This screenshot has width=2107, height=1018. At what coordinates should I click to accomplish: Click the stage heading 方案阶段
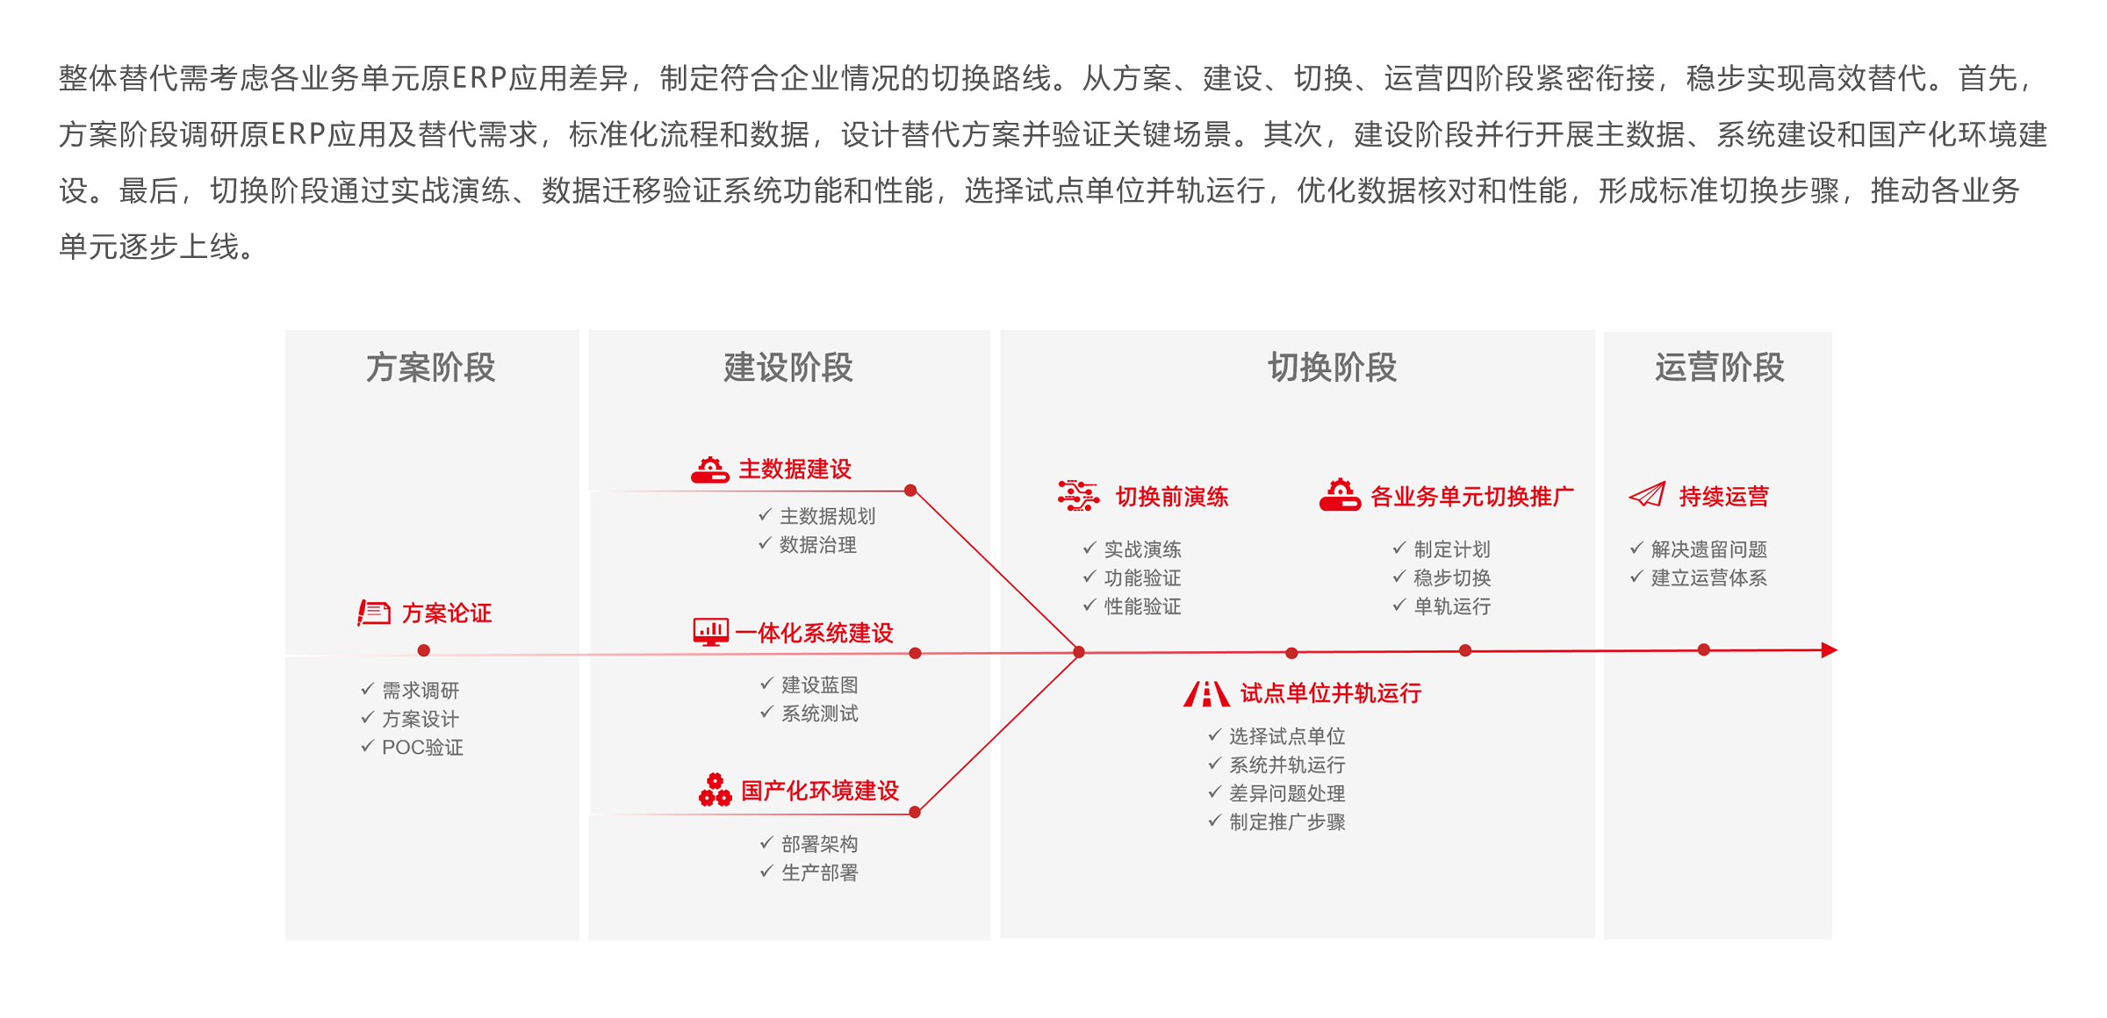430,368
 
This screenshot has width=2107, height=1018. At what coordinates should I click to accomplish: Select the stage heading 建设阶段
787,368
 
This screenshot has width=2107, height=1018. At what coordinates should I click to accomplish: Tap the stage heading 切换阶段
1332,368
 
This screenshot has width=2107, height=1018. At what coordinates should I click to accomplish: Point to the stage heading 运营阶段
1719,368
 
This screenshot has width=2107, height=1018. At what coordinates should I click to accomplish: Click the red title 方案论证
447,613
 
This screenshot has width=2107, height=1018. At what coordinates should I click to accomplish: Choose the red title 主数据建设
795,470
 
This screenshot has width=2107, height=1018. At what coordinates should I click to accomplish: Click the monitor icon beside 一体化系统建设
710,632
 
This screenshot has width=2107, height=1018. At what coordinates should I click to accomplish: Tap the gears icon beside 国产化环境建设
715,790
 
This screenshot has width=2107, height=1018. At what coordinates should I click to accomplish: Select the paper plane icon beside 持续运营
1647,496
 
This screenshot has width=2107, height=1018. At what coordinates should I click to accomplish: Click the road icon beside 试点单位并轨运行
1206,694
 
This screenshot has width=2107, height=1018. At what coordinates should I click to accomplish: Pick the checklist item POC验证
422,748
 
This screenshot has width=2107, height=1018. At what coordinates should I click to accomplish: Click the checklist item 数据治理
817,545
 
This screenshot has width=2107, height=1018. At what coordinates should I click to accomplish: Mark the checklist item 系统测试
819,713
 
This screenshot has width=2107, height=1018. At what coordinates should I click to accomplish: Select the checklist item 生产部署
819,873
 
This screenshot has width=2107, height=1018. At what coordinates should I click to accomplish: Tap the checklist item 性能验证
1142,606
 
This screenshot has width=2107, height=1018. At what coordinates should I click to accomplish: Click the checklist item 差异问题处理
1286,793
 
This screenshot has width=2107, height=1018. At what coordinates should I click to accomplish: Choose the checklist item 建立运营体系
1708,577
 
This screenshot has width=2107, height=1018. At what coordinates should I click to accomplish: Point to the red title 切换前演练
1172,498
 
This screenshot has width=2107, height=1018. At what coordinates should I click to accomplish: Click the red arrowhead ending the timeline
1830,650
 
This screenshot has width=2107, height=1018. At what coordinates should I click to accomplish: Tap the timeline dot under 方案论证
424,650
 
